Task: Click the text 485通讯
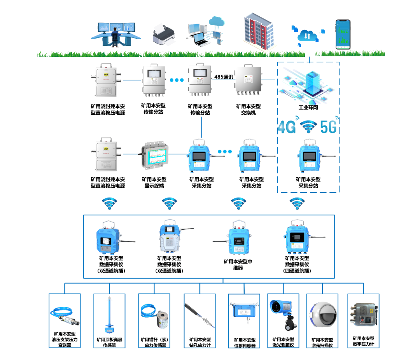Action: click(x=224, y=77)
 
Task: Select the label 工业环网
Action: click(x=308, y=107)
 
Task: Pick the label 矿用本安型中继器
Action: click(x=238, y=265)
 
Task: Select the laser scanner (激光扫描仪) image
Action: click(x=322, y=316)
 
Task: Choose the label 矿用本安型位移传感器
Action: click(x=245, y=343)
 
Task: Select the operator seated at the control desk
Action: click(x=115, y=38)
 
